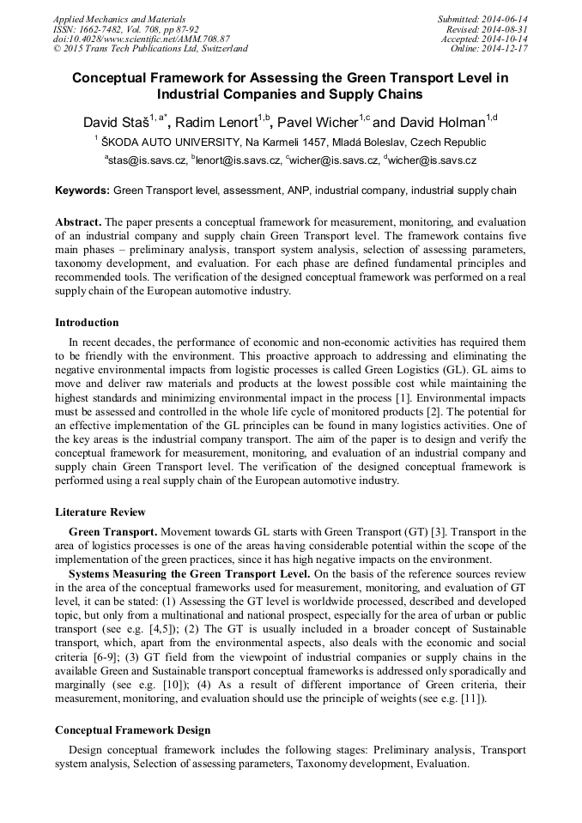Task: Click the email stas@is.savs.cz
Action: click(x=146, y=160)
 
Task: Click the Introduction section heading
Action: click(x=87, y=323)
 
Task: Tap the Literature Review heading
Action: click(x=100, y=512)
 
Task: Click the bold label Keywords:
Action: click(x=82, y=190)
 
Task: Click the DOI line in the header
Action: click(x=142, y=39)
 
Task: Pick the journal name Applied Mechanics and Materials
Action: click(x=119, y=19)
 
